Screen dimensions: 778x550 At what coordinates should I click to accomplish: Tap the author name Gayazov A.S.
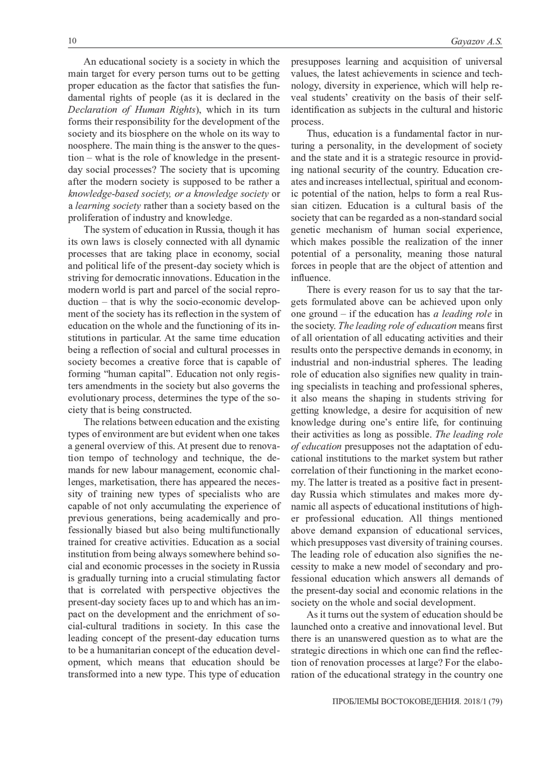pos(477,42)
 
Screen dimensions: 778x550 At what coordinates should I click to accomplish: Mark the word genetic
pos(307,230)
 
